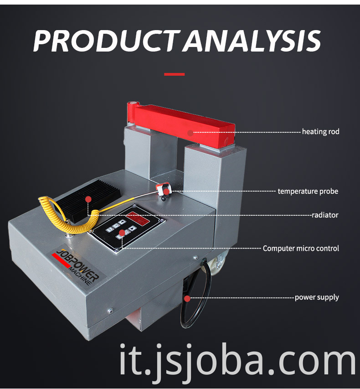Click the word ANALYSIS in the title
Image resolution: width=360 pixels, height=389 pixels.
[252, 41]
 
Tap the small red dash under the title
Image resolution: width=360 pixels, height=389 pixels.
[174, 74]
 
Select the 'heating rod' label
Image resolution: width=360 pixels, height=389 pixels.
[320, 132]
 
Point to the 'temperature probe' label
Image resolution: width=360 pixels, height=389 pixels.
[308, 192]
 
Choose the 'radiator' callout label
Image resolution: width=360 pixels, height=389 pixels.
[325, 215]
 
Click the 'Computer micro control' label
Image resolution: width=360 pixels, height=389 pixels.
[301, 249]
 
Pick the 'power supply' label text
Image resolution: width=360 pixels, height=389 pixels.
[317, 297]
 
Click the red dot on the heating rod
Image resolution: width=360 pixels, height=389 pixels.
[190, 133]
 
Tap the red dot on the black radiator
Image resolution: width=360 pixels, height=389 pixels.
[88, 199]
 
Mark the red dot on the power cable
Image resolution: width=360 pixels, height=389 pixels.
[187, 299]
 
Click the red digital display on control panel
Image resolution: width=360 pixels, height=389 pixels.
[138, 218]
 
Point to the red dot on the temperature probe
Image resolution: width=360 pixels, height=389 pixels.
[166, 192]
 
